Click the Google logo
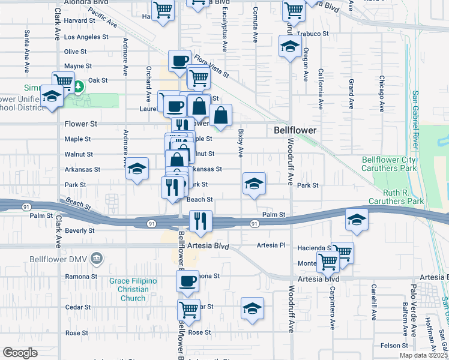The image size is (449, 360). point(20,353)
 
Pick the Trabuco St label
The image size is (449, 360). point(329,34)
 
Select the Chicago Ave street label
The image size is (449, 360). point(381,94)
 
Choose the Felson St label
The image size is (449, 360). point(394,346)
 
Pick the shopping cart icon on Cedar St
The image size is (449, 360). point(188,309)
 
